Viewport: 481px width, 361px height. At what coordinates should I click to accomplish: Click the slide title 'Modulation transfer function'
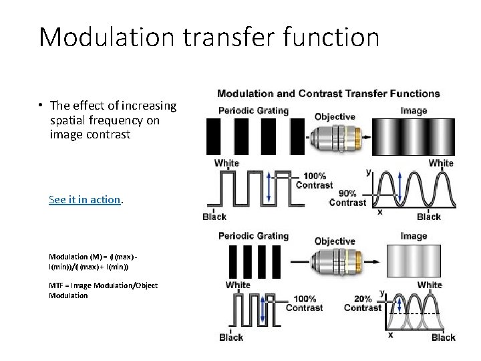point(208,37)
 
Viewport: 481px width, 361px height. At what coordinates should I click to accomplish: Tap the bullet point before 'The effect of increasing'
point(41,106)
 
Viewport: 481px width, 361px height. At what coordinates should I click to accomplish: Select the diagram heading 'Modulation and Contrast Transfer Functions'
point(329,94)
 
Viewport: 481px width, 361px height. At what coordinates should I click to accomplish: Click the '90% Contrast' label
point(347,197)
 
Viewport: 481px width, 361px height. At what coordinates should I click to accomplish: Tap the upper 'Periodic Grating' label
point(253,110)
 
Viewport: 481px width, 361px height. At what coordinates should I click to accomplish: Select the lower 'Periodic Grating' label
point(254,235)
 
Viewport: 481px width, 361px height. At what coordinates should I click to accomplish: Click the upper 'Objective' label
point(335,116)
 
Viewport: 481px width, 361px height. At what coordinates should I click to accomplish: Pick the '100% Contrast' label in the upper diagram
point(313,180)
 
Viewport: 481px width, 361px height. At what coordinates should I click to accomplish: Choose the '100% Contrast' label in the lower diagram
point(304,303)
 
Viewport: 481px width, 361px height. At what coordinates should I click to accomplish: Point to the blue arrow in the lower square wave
point(263,310)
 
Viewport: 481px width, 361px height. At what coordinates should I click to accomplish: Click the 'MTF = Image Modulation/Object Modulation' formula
point(104,290)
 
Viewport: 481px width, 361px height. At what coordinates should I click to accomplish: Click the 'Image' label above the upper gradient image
point(414,110)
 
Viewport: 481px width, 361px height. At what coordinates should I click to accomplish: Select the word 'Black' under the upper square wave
point(214,217)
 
